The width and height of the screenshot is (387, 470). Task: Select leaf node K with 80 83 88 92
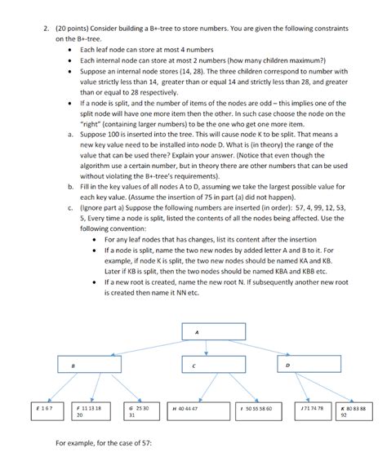357,410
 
